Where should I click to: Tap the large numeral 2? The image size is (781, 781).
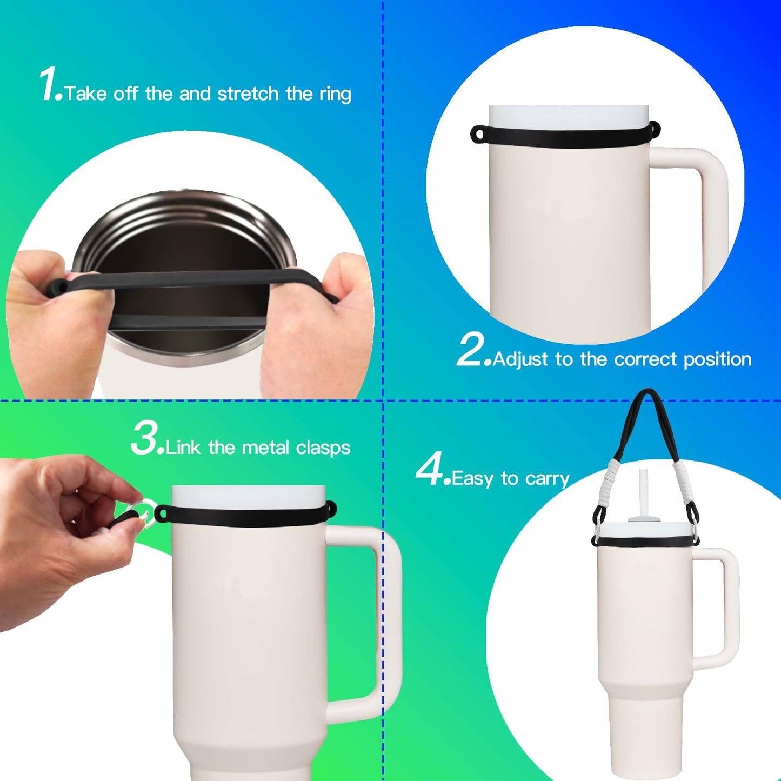pyautogui.click(x=472, y=350)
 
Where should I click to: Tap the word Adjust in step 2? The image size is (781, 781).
pyautogui.click(x=521, y=359)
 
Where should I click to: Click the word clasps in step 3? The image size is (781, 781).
pyautogui.click(x=323, y=448)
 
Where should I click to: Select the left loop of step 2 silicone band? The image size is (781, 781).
pyautogui.click(x=478, y=133)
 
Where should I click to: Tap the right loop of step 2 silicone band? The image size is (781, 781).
pyautogui.click(x=655, y=128)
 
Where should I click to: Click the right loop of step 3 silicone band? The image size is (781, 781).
pyautogui.click(x=330, y=508)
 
